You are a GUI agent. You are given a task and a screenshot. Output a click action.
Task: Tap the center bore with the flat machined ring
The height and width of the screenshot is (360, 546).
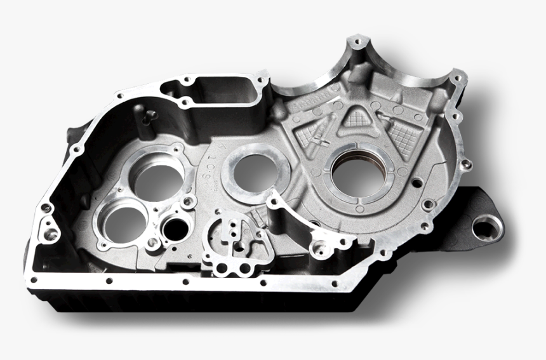pyautogui.click(x=256, y=173)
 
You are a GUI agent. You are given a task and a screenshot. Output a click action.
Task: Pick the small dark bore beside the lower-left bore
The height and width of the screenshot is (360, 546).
pyautogui.click(x=176, y=229)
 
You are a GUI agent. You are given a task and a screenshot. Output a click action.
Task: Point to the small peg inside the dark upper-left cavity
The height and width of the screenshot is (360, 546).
pyautogui.click(x=150, y=115)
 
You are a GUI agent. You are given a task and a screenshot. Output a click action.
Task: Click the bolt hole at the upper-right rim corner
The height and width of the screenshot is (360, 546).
pyautogui.click(x=455, y=76)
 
